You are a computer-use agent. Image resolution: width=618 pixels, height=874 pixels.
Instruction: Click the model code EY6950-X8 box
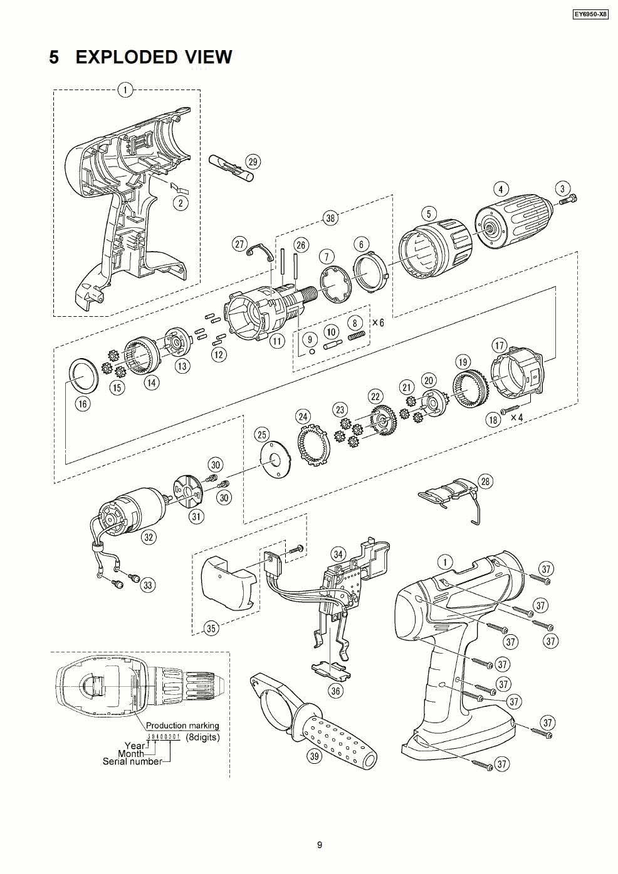pos(590,14)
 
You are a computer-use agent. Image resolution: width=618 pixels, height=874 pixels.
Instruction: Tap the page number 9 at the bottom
pos(319,845)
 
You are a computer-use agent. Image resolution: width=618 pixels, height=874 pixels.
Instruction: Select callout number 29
pos(253,162)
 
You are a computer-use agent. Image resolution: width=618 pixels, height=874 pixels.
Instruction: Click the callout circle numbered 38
pos(330,218)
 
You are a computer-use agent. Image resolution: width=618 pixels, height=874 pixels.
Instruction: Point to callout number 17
pos(499,346)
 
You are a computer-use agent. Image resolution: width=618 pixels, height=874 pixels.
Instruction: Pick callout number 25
pos(261,434)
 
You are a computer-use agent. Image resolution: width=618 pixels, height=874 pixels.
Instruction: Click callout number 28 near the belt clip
pos(502,481)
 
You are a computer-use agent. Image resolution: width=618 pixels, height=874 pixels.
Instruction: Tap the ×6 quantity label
pos(378,323)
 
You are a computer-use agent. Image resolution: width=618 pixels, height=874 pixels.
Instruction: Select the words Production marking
pos(182,726)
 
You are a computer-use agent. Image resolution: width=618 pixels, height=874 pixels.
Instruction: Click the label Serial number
pos(132,761)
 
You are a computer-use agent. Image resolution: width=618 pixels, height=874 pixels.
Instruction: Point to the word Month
pos(130,754)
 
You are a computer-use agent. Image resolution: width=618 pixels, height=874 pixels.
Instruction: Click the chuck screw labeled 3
pos(570,200)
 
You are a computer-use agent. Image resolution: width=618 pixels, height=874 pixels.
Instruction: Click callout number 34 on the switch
pos(338,554)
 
